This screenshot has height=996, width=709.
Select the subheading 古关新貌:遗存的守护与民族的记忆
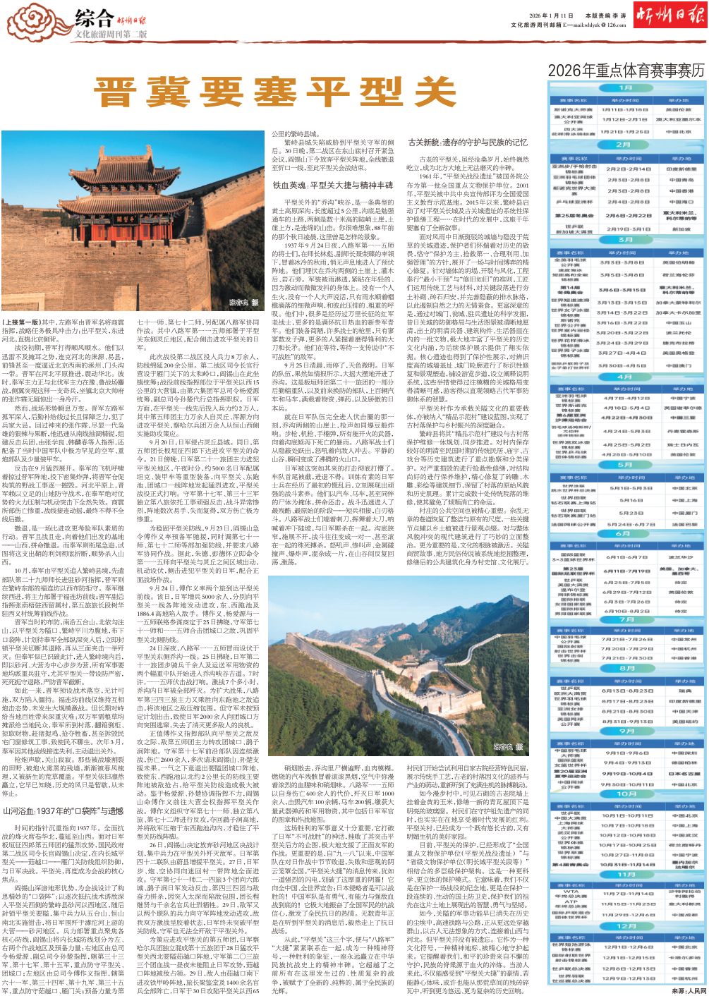click(468, 142)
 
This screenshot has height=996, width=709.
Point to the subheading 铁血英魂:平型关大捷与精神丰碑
click(333, 186)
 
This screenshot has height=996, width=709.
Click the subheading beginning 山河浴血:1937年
click(63, 811)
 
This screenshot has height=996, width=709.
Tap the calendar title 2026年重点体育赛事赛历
click(626, 70)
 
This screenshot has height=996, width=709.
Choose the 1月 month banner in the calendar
click(626, 88)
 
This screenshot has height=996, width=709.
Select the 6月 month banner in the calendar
click(626, 533)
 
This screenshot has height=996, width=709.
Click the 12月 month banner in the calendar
click(626, 926)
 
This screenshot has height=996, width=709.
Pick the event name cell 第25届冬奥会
click(574, 216)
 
